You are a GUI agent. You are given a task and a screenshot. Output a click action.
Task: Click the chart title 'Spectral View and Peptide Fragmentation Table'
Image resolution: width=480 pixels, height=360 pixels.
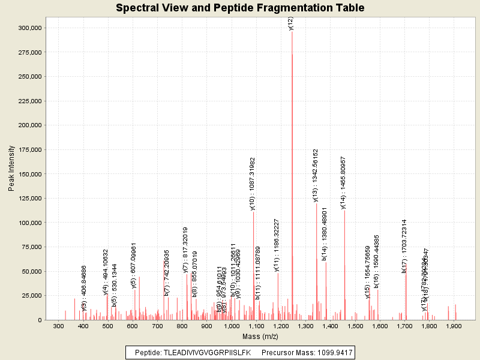240,8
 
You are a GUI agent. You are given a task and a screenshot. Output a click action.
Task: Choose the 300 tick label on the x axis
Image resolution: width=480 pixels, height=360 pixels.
58,326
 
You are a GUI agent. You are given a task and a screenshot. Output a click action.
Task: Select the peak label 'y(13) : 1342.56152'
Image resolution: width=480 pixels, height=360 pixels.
316,175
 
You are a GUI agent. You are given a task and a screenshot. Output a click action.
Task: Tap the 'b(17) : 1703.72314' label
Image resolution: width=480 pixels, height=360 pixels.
404,246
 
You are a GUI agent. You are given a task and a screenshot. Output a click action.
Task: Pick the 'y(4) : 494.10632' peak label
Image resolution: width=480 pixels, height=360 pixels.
106,272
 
